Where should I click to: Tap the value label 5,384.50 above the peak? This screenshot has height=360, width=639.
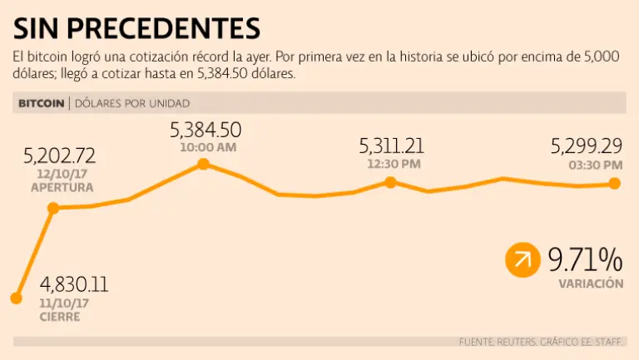point(206,131)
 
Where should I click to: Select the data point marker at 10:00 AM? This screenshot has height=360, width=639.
point(203,165)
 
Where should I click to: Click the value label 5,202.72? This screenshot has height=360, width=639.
point(60,155)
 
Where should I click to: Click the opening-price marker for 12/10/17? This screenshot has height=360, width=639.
point(53,208)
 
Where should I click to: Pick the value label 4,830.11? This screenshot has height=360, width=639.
point(73,284)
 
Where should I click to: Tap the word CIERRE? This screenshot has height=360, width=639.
point(60,318)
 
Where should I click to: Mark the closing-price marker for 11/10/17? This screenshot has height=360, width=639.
point(16,298)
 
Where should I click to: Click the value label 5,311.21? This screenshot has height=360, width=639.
point(392,147)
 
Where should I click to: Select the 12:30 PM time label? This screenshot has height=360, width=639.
point(392,164)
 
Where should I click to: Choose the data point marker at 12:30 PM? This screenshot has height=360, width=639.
point(390,182)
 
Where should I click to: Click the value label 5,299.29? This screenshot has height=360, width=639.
point(587,147)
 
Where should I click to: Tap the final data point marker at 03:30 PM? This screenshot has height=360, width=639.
point(615,183)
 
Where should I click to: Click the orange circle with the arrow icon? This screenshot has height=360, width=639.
point(523,260)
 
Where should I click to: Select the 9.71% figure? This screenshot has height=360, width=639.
point(585,260)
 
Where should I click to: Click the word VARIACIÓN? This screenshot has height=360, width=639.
point(591,284)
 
